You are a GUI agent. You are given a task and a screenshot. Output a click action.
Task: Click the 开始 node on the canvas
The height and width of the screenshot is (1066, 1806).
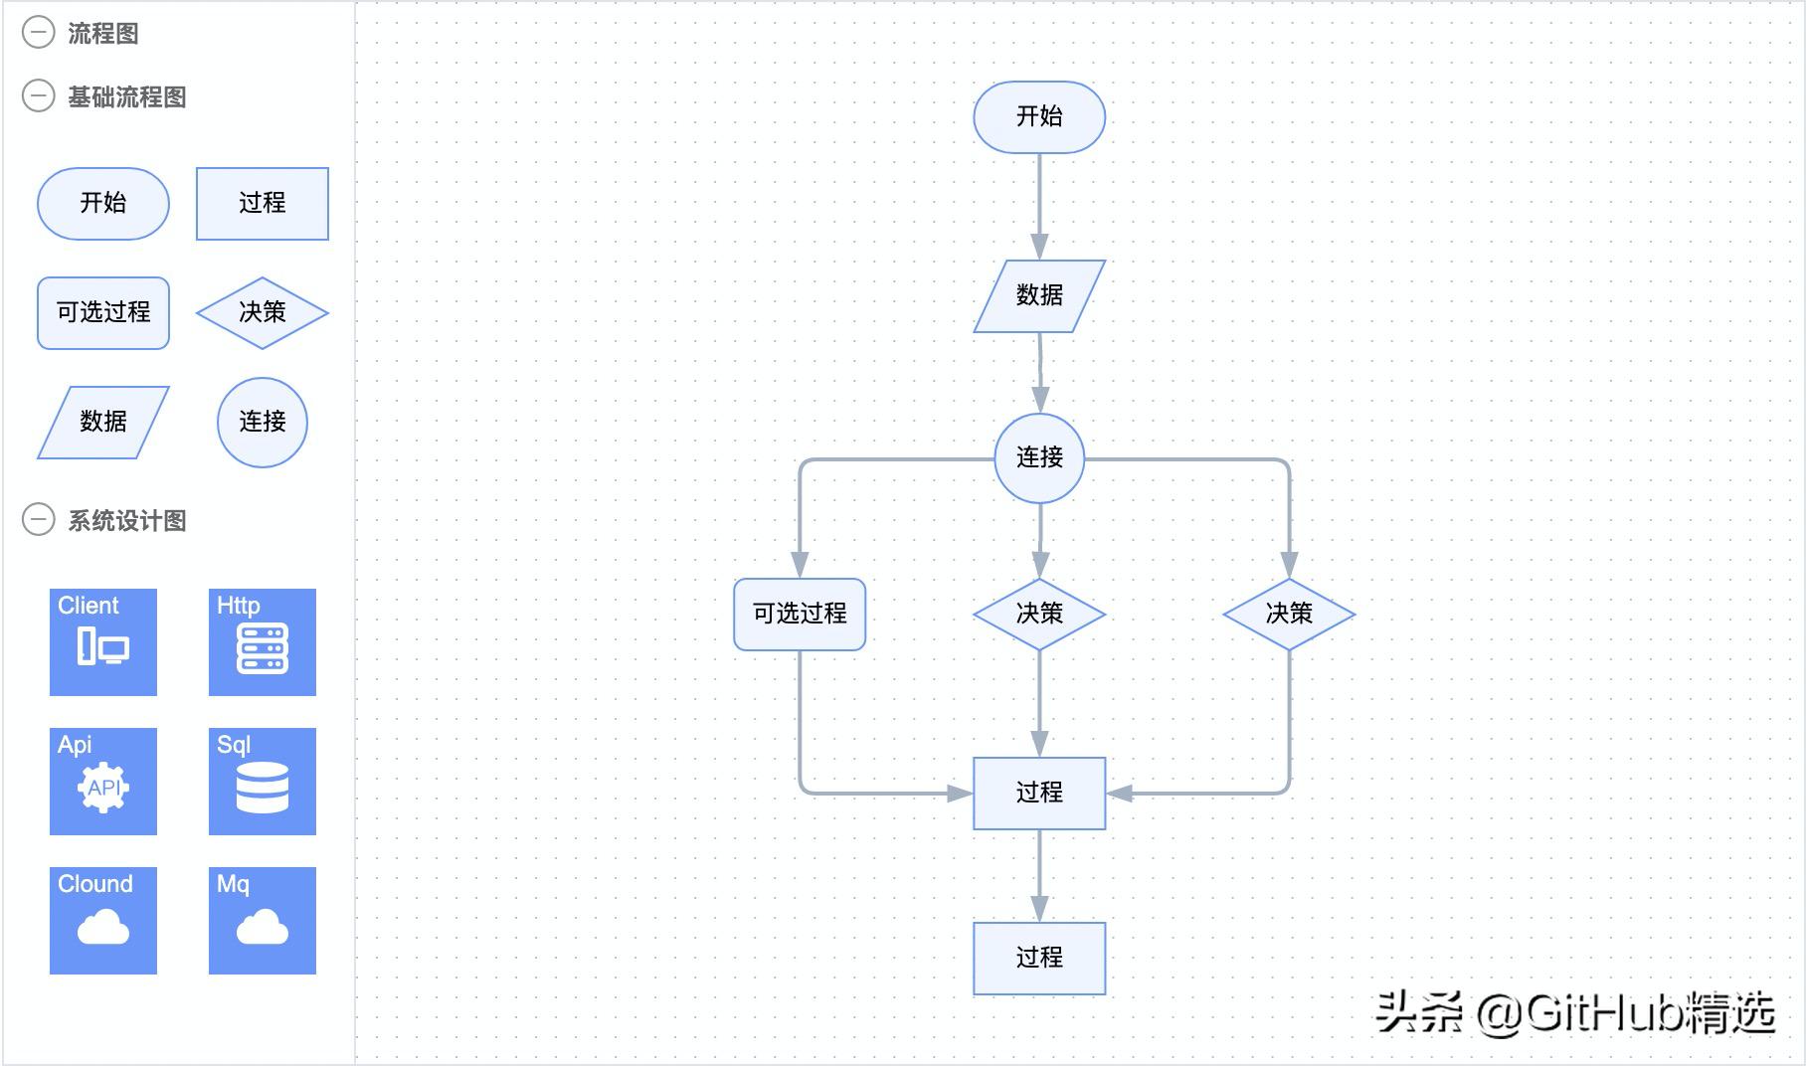click(x=1038, y=117)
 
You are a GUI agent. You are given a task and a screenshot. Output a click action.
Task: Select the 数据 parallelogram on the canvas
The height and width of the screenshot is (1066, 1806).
click(x=1038, y=295)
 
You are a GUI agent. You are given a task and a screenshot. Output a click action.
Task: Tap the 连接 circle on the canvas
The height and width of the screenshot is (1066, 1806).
click(x=1039, y=457)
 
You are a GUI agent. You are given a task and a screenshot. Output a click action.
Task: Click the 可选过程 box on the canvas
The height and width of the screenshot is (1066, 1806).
click(x=800, y=614)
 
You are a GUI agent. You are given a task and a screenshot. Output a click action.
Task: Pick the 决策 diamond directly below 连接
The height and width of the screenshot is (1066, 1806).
click(x=1039, y=614)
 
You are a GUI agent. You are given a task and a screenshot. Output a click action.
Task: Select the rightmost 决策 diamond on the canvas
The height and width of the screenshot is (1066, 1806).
click(x=1289, y=614)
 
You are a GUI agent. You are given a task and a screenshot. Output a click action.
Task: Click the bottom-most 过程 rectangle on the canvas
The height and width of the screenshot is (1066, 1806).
click(x=1039, y=958)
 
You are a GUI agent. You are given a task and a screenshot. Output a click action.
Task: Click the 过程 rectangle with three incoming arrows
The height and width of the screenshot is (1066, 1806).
click(x=1039, y=793)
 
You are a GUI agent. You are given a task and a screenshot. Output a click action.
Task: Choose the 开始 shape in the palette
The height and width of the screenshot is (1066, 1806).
click(x=103, y=204)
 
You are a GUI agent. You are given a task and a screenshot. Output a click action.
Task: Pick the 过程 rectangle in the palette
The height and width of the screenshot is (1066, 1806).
click(x=263, y=204)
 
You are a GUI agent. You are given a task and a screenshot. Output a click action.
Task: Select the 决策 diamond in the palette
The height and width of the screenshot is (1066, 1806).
click(x=263, y=313)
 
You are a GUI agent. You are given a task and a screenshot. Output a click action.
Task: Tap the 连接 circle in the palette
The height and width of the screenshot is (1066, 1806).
click(x=263, y=423)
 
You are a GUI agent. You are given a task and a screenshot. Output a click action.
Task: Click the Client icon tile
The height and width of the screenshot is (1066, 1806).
click(x=103, y=642)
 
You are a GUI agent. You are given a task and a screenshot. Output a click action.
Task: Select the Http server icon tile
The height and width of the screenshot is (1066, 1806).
click(x=263, y=642)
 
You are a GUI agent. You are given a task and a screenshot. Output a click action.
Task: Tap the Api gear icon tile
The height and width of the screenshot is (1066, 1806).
click(x=103, y=782)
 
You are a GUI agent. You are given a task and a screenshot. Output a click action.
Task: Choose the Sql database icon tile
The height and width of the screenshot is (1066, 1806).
click(x=263, y=782)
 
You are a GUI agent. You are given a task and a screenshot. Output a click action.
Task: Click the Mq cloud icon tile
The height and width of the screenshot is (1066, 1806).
click(x=263, y=921)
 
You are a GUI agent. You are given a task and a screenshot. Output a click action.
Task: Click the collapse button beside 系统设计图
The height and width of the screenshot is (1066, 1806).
click(x=39, y=519)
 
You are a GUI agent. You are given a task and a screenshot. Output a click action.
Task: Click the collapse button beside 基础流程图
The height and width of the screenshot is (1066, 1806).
click(x=39, y=96)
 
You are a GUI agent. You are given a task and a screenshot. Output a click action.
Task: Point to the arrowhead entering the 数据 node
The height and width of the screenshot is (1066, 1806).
click(x=1039, y=247)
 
